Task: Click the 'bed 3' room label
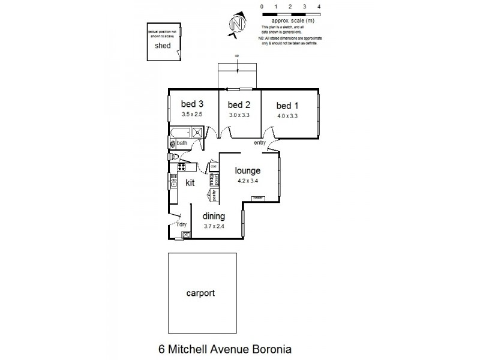click(193, 103)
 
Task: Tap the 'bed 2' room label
click(238, 103)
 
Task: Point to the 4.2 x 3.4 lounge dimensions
click(248, 179)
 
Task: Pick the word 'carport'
click(201, 294)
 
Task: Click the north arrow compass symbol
click(237, 26)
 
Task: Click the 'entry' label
click(260, 142)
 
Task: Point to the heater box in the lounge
click(258, 197)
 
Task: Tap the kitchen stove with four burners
click(182, 166)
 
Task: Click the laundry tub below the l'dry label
click(187, 235)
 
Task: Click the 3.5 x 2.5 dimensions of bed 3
click(193, 113)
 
